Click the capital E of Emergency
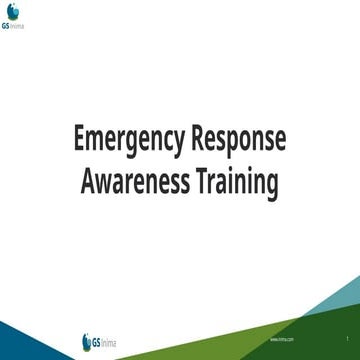pyautogui.click(x=81, y=139)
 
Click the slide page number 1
pyautogui.click(x=346, y=340)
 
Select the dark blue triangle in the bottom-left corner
pyautogui.click(x=20, y=345)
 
